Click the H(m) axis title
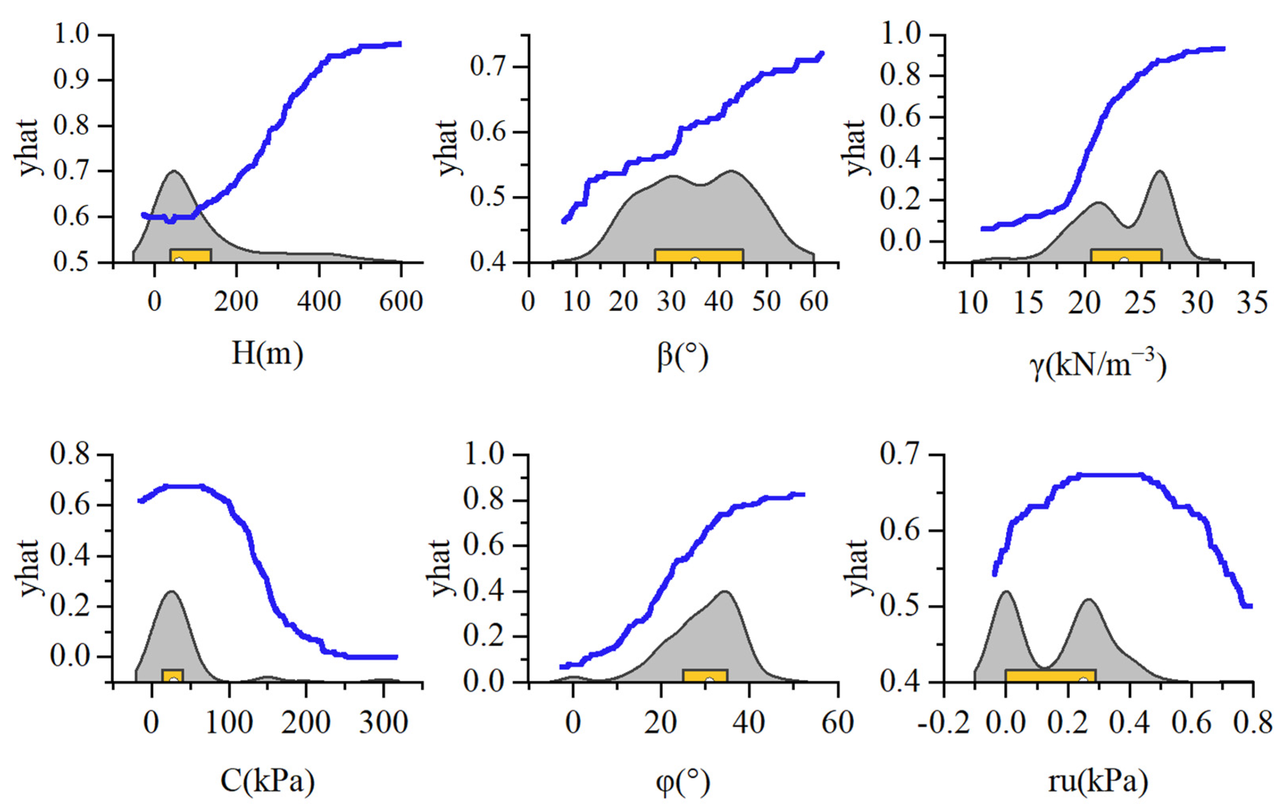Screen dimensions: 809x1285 click(267, 354)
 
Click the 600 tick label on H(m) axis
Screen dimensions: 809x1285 click(400, 302)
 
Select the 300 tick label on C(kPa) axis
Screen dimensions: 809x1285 click(383, 723)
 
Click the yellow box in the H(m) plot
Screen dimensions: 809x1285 click(190, 255)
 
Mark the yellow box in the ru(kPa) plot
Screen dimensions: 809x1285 click(1050, 675)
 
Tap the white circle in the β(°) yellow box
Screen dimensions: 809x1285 click(695, 261)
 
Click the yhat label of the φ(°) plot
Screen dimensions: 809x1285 click(441, 567)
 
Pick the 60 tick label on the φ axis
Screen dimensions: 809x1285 click(837, 723)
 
